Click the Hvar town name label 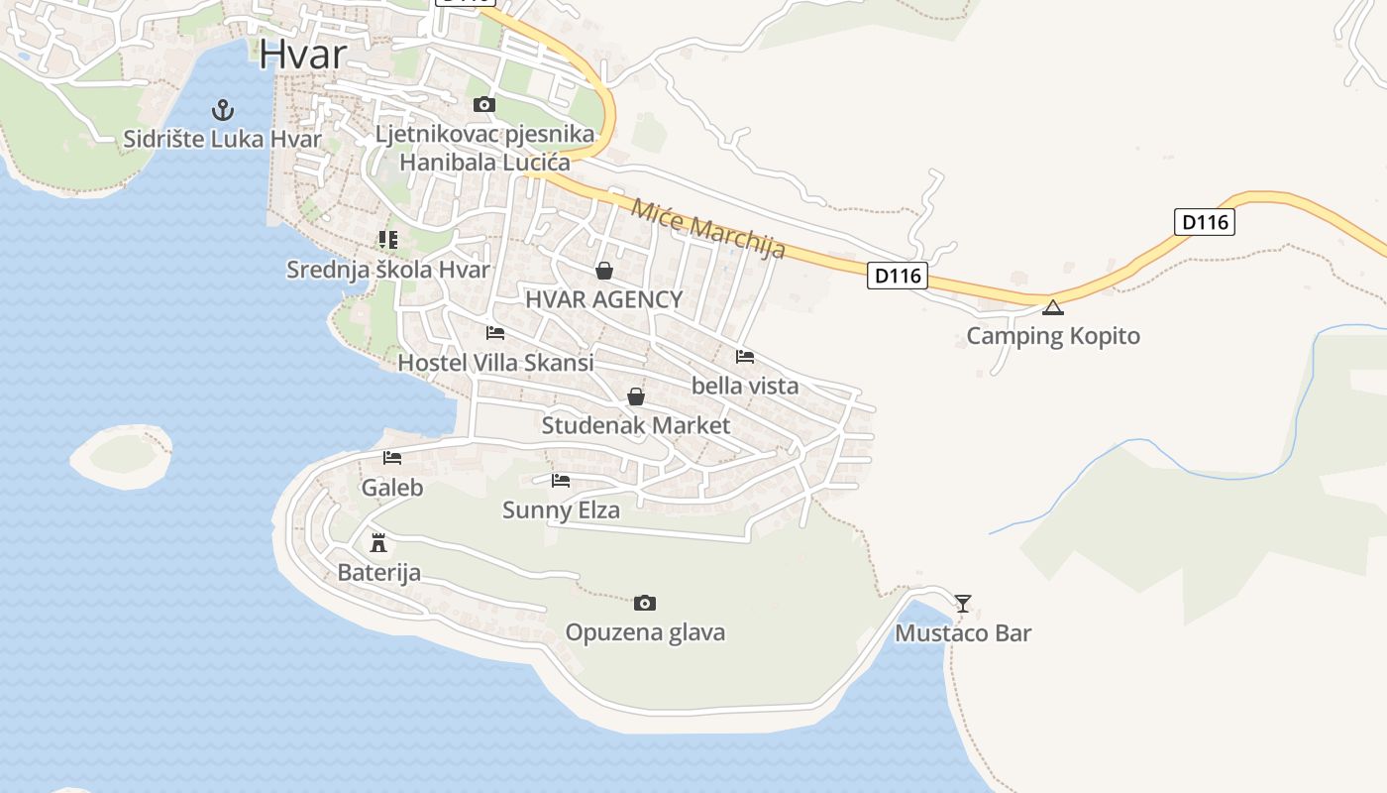tap(302, 55)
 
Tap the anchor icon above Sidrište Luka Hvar tap(223, 109)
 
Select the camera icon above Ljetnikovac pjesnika tap(483, 104)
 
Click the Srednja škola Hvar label tap(388, 270)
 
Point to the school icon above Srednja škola tap(387, 240)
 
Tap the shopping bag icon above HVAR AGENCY tap(604, 271)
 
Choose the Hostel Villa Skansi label tap(495, 363)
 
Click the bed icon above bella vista tap(745, 357)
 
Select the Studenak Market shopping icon tap(636, 396)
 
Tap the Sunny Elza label tap(561, 510)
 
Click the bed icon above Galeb tap(392, 458)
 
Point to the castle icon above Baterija tap(377, 542)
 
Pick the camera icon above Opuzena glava tap(645, 603)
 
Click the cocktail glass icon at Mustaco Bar tap(962, 603)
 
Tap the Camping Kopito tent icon tap(1052, 307)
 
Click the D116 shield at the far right tap(1206, 222)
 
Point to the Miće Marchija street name tap(708, 229)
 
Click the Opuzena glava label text tap(645, 632)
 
